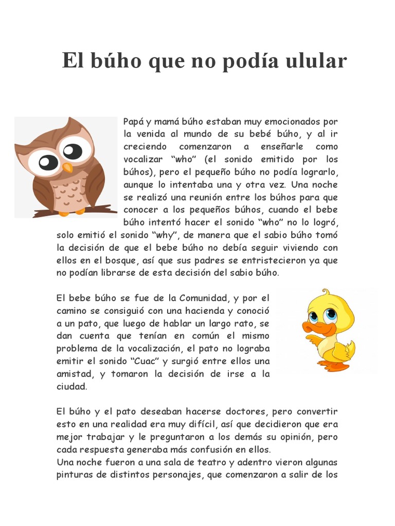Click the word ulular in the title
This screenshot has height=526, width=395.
(318, 61)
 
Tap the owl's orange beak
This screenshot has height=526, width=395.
(67, 167)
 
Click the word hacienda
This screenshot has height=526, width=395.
(200, 311)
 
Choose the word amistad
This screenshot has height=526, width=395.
(73, 374)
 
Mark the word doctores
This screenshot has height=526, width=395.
(244, 411)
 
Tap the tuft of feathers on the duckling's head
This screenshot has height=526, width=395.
(325, 293)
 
